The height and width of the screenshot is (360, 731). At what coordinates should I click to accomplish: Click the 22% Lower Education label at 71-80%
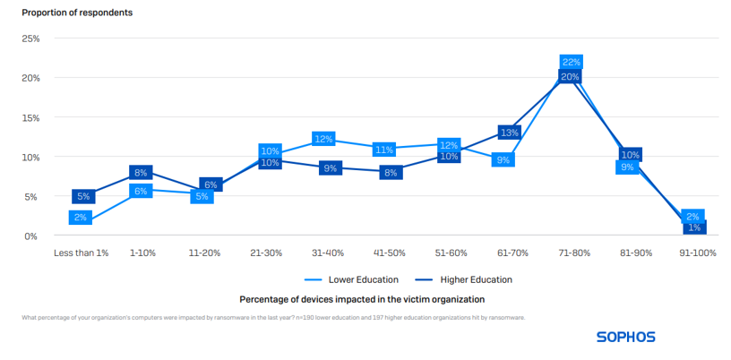pos(572,62)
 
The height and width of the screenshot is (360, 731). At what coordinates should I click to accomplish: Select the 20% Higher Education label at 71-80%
pos(571,78)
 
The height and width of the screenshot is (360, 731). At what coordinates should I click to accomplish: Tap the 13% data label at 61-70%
pos(509,133)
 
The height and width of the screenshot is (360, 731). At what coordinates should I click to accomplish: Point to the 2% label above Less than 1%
pos(81,218)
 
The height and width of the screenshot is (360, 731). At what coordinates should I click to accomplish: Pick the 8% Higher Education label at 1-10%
pos(141,173)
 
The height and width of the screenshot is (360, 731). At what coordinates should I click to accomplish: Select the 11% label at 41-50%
pos(385,150)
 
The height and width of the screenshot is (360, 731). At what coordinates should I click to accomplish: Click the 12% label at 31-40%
pos(324,139)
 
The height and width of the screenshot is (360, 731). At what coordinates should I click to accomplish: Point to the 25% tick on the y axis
pos(30,39)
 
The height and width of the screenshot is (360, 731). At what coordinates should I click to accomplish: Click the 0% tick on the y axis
pos(31,236)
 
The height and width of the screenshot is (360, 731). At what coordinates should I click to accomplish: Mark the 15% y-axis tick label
pos(30,117)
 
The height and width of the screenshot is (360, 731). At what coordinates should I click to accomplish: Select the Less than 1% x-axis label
pos(82,253)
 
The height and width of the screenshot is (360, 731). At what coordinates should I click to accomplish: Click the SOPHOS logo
pos(625,338)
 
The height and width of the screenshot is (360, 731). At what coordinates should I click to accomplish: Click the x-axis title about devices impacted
pos(362,298)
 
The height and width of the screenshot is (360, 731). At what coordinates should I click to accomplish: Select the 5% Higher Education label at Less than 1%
pos(83,197)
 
